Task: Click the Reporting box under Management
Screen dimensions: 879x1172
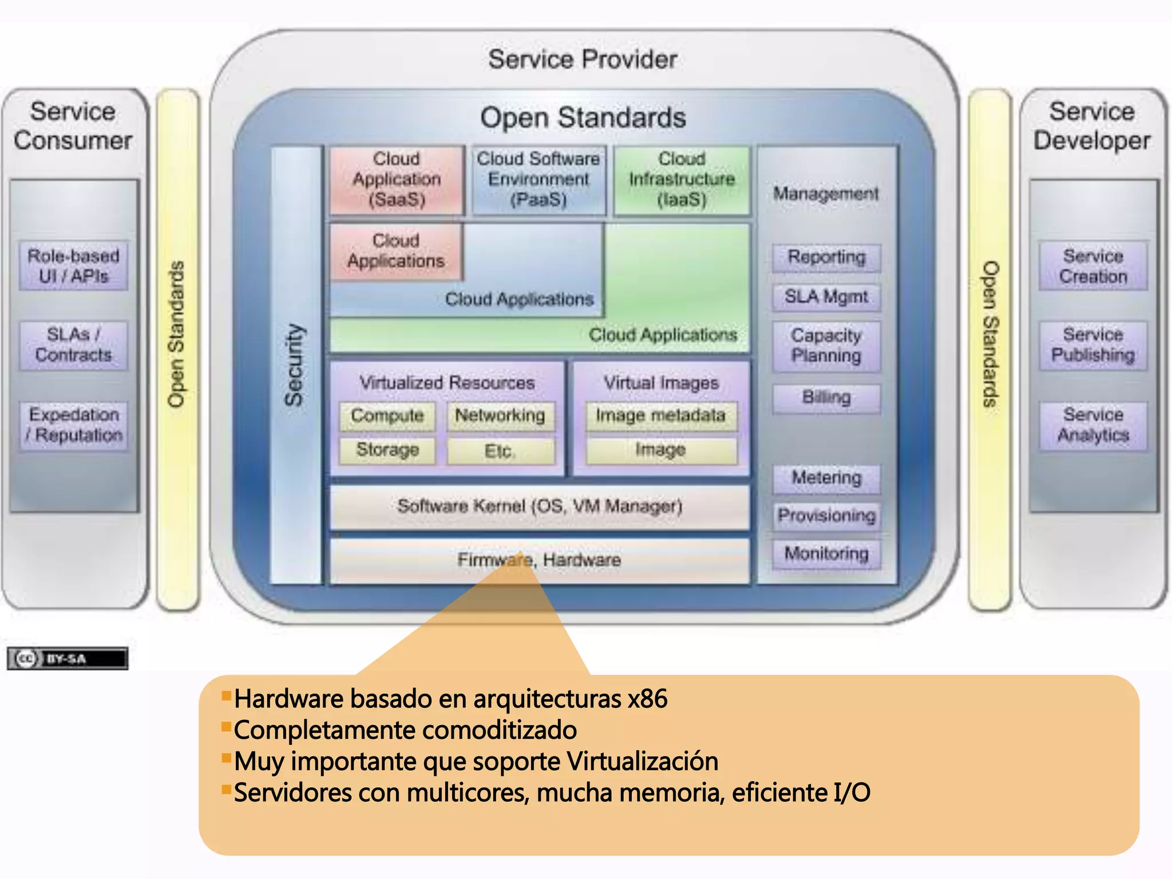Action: (826, 258)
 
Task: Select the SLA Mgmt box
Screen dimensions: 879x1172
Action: (826, 297)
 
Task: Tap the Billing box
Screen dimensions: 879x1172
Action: (826, 397)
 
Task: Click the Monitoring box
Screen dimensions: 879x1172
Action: (826, 553)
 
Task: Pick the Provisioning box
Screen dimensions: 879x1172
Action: (826, 516)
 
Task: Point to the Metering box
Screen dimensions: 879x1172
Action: (826, 478)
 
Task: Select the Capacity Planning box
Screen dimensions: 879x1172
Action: (826, 346)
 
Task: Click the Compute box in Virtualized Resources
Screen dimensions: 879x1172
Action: (387, 415)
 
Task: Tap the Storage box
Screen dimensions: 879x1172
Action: (387, 450)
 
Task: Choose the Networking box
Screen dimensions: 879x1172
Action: (500, 415)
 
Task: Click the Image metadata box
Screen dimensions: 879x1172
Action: (661, 415)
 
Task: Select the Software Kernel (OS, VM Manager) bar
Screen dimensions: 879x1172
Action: (539, 506)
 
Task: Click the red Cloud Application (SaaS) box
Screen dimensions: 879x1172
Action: (396, 180)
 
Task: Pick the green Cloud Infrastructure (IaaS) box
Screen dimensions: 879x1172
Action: (681, 180)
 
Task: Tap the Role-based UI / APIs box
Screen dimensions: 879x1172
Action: (73, 266)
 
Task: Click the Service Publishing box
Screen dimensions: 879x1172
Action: (1092, 345)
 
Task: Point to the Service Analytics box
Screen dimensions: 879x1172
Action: (1092, 425)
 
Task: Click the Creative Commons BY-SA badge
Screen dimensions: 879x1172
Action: (67, 659)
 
